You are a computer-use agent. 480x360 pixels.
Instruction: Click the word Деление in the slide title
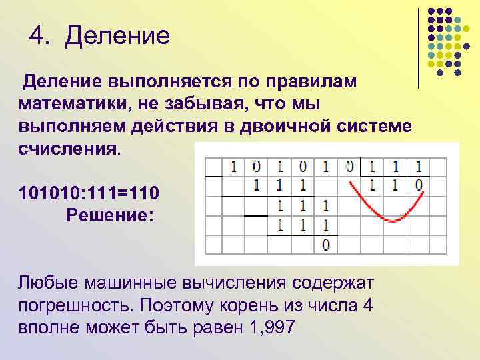[118, 35]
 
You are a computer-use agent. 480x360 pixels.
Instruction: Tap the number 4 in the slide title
[37, 35]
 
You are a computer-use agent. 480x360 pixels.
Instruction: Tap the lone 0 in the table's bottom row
[325, 245]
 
